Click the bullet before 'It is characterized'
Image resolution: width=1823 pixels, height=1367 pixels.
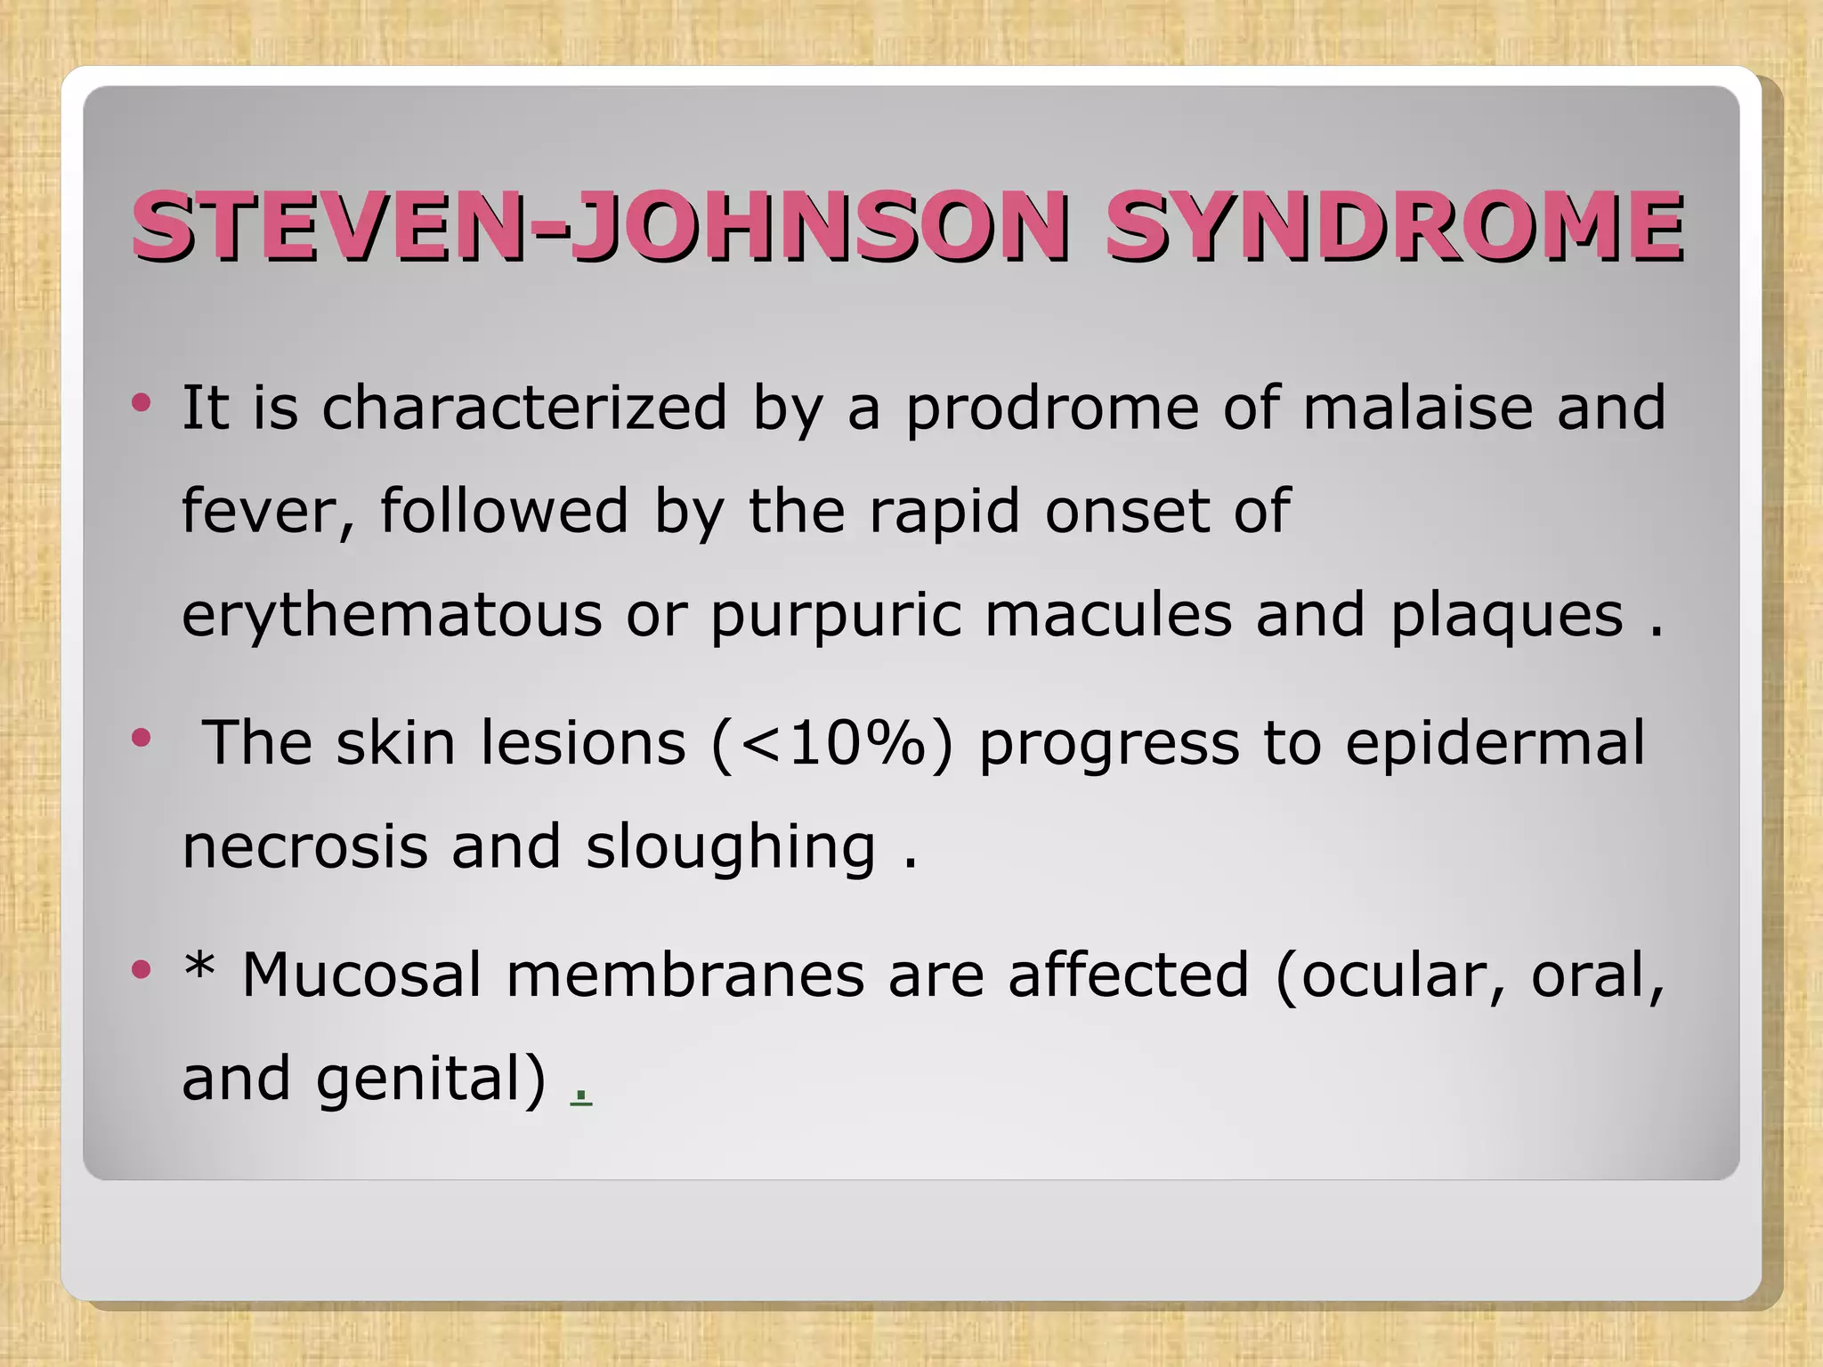click(141, 403)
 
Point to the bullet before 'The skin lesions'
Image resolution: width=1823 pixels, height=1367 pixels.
click(141, 738)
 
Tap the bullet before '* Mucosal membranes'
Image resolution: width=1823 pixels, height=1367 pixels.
click(141, 969)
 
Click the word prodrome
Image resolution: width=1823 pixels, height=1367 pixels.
click(1052, 409)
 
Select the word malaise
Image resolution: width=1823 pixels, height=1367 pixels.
click(1417, 408)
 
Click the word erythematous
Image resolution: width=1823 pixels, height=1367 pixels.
click(392, 617)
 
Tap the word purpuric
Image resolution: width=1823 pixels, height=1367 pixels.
click(835, 617)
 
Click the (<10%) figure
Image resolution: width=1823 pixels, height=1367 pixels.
click(832, 744)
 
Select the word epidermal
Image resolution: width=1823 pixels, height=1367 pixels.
click(1495, 744)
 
